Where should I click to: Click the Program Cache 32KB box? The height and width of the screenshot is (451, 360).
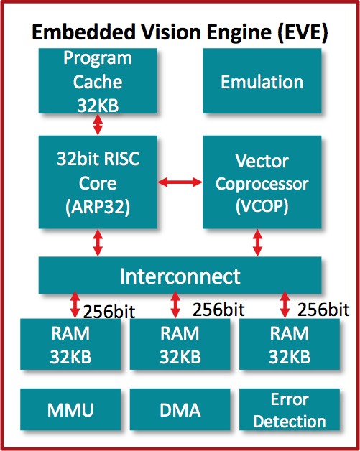pos(98,81)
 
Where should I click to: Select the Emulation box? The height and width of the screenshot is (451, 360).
pos(262,81)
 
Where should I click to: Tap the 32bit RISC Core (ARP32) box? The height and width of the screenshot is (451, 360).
pos(98,182)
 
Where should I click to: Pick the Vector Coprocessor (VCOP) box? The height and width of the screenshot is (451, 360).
pos(262,182)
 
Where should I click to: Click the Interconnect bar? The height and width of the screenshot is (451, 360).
pos(180,275)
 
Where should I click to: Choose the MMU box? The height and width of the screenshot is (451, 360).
pos(70,409)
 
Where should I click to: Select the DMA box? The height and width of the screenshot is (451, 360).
pos(180,409)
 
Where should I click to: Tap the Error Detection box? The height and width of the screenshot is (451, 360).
pos(290,409)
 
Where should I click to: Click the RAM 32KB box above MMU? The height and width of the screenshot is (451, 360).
pos(70,344)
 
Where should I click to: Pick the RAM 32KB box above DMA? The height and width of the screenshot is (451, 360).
pos(180,344)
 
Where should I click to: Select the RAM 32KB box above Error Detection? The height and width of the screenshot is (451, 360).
pos(290,344)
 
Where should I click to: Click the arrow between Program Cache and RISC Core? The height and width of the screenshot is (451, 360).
pos(98,124)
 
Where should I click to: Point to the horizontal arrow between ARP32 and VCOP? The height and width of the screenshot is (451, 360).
pos(180,182)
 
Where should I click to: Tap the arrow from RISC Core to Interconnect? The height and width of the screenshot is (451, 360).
pos(98,243)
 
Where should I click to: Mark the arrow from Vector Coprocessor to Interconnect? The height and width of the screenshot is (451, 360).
pos(257,243)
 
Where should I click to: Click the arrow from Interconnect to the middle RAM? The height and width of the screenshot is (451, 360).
pos(175,305)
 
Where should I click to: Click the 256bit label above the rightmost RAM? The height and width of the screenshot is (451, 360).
pos(323,310)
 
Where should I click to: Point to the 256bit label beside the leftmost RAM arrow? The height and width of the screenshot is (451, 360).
pos(109,312)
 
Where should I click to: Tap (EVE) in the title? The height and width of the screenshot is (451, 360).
pos(303,32)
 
